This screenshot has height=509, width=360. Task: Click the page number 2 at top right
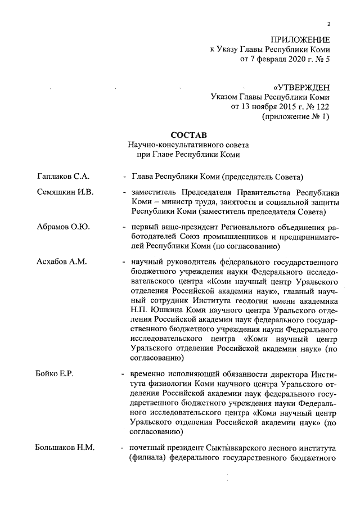[328, 23]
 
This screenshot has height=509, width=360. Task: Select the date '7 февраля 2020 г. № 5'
[285, 58]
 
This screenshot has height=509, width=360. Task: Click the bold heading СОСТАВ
[188, 135]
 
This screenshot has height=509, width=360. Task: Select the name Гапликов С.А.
[64, 177]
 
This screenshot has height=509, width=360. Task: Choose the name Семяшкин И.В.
[65, 192]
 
